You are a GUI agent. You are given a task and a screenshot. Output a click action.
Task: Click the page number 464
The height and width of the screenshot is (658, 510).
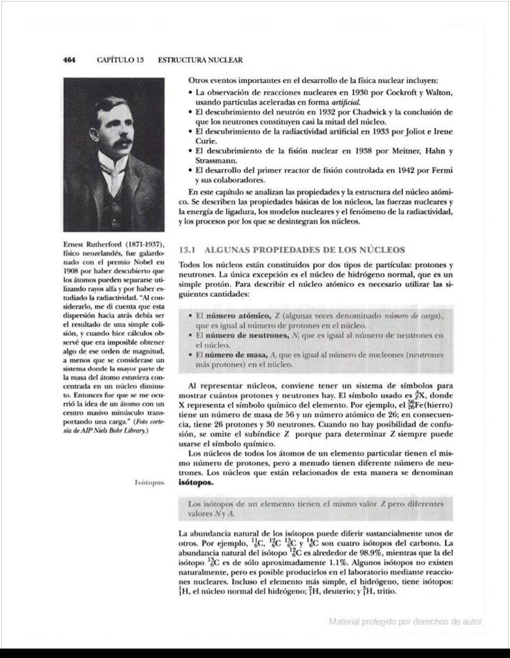coord(69,60)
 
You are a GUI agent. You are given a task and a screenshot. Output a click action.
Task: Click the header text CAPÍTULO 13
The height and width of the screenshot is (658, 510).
coord(120,60)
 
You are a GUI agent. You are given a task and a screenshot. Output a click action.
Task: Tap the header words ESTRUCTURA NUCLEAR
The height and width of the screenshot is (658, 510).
coord(200,60)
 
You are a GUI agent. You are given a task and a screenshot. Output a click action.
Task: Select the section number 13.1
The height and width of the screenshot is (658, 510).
coord(187,250)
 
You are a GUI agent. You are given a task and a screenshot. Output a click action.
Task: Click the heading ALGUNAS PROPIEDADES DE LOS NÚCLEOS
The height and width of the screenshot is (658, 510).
coord(304,250)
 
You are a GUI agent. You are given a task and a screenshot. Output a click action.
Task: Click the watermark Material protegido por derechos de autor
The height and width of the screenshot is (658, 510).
coord(405,621)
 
